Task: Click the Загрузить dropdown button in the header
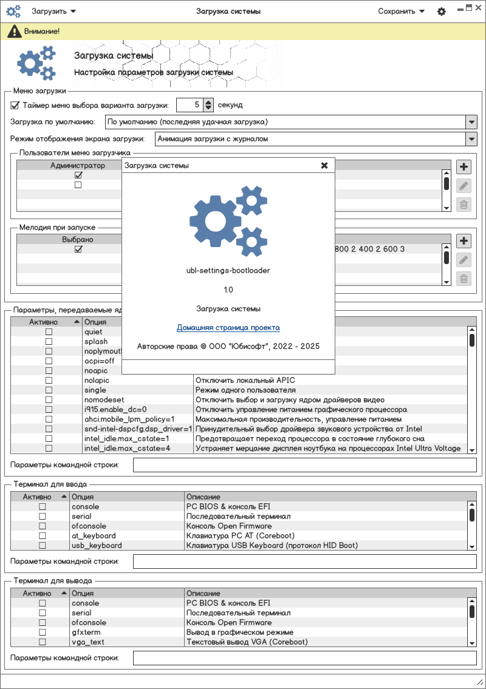[53, 11]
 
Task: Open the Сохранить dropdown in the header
[401, 11]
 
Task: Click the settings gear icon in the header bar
[442, 12]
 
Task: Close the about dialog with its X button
[324, 165]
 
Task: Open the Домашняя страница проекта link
[228, 328]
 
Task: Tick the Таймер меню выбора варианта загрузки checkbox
[15, 105]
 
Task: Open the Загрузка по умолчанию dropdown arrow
[471, 122]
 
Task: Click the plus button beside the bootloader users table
[464, 168]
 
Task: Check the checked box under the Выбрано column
[78, 249]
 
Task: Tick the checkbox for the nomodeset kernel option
[49, 400]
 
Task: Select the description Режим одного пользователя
[245, 390]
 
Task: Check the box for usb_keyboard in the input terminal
[43, 546]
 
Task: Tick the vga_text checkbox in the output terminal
[43, 642]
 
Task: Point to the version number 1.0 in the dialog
[228, 290]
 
